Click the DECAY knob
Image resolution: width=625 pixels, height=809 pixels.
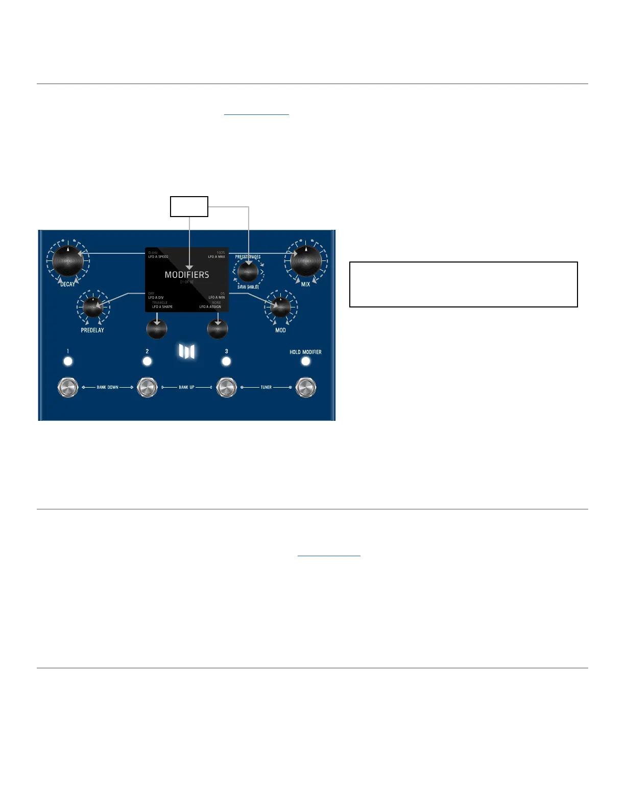(67, 260)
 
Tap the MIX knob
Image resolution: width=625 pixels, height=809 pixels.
(306, 260)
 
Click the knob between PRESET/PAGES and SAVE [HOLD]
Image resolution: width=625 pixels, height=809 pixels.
(248, 272)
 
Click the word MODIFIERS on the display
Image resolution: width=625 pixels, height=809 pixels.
(187, 275)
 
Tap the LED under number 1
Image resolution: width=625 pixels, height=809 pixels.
(68, 362)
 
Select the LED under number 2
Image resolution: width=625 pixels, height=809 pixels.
(147, 362)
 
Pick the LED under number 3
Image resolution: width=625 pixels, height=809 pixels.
(226, 362)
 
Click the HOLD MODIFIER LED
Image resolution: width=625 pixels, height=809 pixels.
(305, 362)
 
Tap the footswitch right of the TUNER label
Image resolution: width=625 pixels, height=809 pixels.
(305, 388)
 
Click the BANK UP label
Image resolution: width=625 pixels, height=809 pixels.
(186, 388)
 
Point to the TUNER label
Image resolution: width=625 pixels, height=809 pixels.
(266, 388)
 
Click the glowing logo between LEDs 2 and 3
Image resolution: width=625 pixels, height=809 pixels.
(186, 351)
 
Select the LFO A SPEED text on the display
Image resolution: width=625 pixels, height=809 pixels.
(158, 257)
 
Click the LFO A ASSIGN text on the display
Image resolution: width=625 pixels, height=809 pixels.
(210, 307)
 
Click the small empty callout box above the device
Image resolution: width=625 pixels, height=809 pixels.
(189, 206)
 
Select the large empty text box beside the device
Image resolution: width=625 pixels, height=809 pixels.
(463, 284)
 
